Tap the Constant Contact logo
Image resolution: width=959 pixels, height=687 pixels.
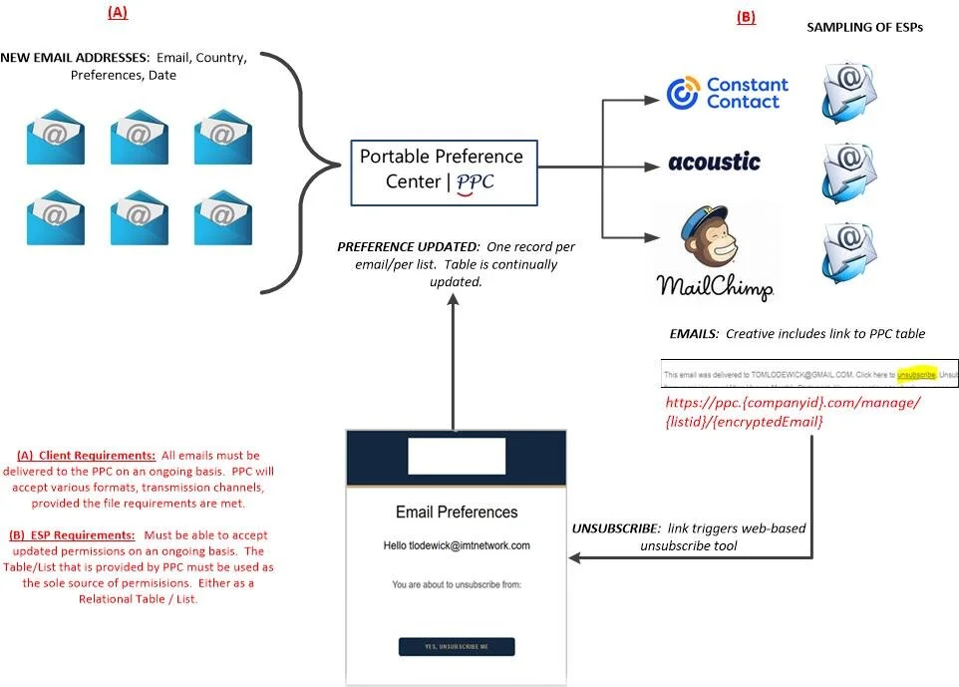[727, 94]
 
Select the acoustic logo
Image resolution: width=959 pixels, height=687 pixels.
[714, 162]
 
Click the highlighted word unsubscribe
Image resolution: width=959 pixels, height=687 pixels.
[916, 375]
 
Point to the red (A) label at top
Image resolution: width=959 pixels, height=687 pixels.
[118, 13]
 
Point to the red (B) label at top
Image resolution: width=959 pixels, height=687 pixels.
[746, 17]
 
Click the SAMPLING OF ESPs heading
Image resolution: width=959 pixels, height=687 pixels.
[863, 28]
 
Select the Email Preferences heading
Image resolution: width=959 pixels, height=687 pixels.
[457, 513]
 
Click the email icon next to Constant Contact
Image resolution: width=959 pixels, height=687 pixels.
[848, 90]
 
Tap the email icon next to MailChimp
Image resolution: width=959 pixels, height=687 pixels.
[848, 249]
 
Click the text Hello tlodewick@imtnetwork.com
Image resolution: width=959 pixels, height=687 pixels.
[457, 546]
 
